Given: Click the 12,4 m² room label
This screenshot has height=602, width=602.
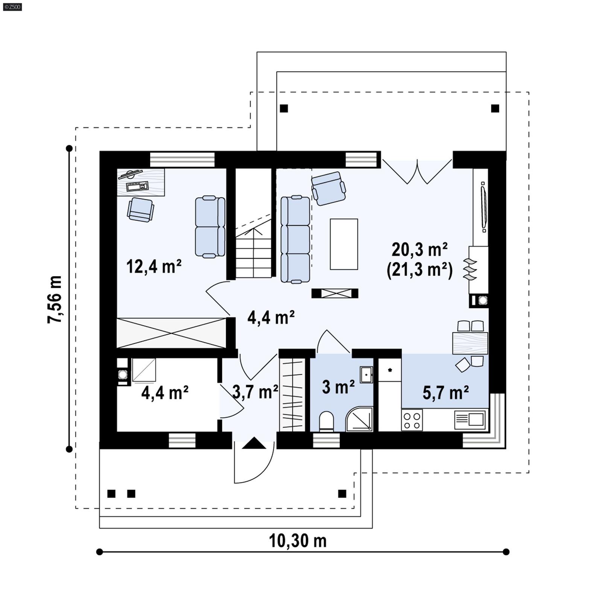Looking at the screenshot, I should tap(154, 266).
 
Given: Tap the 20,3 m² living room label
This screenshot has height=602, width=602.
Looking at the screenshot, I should tap(419, 249).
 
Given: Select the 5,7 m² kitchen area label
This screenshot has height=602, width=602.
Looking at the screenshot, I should tap(445, 392).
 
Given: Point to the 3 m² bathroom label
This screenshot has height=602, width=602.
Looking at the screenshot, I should tap(338, 387).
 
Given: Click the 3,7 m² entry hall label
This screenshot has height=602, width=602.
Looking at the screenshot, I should tap(255, 392).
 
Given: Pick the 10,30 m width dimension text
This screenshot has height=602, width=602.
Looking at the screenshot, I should tap(298, 541).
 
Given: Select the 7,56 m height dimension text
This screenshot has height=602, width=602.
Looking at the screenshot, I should tap(55, 299).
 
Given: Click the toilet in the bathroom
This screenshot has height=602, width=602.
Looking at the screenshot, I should tap(326, 421).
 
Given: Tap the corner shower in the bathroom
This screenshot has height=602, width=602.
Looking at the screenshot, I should tap(360, 419).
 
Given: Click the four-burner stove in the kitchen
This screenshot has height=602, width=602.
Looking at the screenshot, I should tap(412, 420).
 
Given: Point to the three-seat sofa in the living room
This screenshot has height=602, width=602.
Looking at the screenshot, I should tap(295, 239).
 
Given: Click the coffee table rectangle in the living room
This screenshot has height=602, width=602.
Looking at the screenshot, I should tap(344, 244).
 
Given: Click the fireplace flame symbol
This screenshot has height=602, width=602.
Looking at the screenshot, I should tap(470, 269).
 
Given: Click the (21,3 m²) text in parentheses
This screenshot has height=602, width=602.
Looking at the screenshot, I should tap(420, 270).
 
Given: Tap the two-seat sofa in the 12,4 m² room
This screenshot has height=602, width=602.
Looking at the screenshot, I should tap(210, 227).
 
